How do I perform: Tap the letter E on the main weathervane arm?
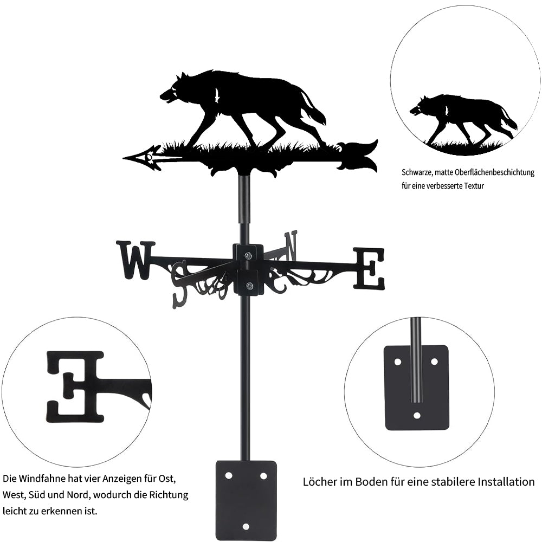coord(369,268)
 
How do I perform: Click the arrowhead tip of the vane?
coord(124,158)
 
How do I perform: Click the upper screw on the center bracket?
coord(248,256)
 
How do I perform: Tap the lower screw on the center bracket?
coord(248,286)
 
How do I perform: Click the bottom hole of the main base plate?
coord(246,526)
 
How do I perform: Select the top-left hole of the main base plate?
coord(228,476)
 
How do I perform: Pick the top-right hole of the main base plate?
coord(263,476)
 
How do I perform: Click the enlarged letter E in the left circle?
coord(75,387)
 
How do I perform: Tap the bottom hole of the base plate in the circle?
coord(417,416)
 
